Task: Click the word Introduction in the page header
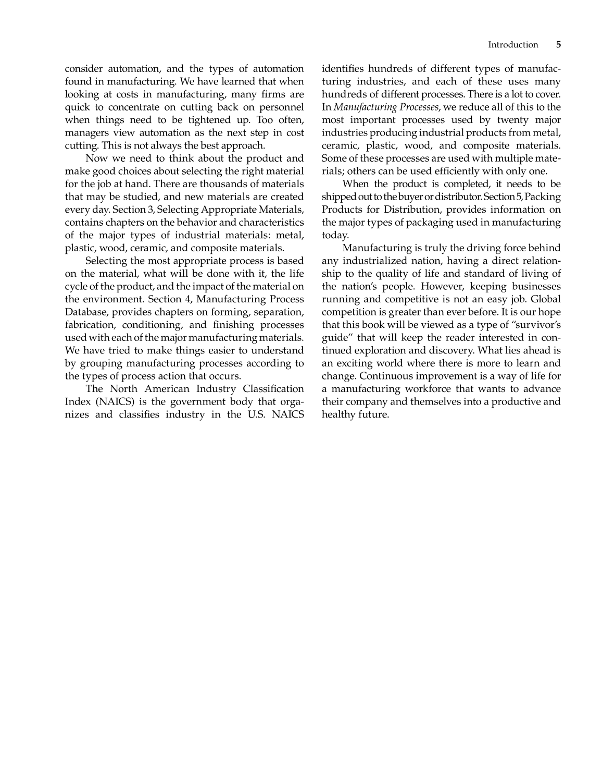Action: tap(512, 45)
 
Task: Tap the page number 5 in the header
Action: tap(558, 45)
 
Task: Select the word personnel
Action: tap(282, 107)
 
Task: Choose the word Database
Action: tap(86, 312)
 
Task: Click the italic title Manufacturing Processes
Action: tap(386, 107)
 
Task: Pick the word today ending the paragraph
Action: tap(335, 235)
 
